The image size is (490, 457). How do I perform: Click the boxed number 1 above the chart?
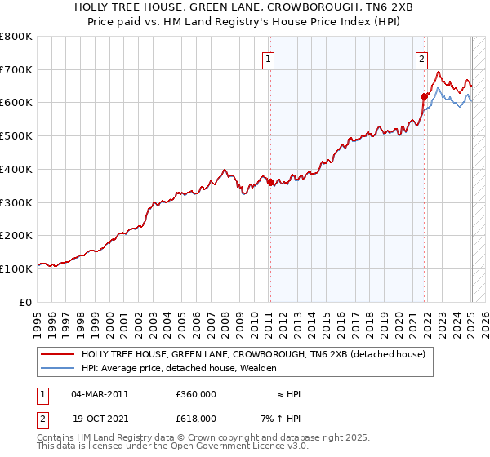(x=269, y=58)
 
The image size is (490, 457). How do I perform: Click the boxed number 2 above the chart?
(x=422, y=58)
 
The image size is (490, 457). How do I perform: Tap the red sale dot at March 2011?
(x=270, y=182)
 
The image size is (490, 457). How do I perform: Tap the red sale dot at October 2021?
(x=425, y=96)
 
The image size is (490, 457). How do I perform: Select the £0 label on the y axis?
(x=26, y=301)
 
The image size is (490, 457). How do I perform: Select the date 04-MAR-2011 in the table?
(x=100, y=394)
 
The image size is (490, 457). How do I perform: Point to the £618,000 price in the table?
(x=196, y=419)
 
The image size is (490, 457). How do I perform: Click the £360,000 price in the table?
(x=196, y=394)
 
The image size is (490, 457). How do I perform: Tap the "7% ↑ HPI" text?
(x=283, y=419)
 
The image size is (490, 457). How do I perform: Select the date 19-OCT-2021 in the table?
(x=100, y=419)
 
